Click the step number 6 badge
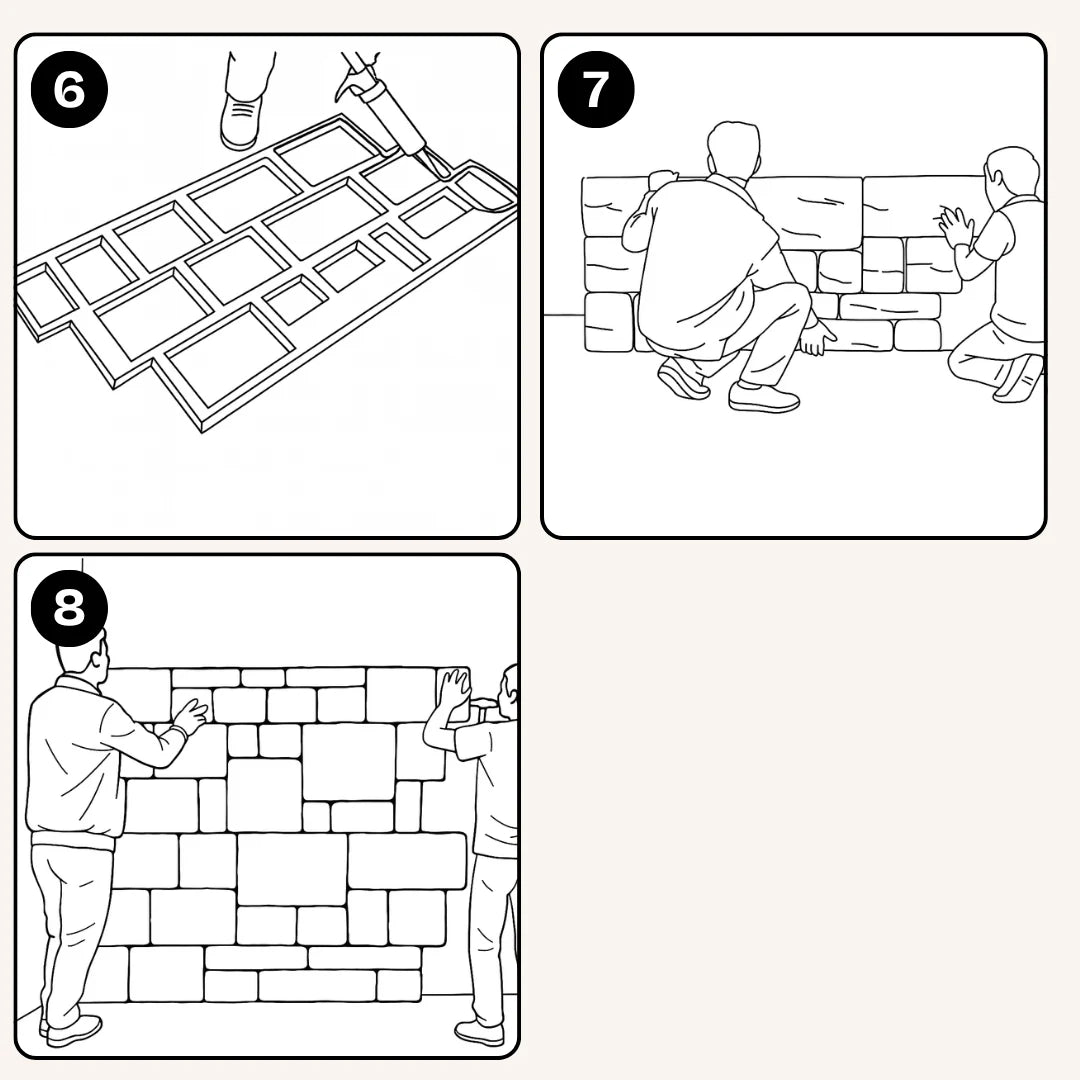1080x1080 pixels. click(x=69, y=89)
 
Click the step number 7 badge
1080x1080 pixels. click(x=596, y=89)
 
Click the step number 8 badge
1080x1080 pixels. click(x=69, y=607)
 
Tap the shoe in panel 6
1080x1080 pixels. click(x=241, y=122)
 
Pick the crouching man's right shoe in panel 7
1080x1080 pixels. click(x=764, y=397)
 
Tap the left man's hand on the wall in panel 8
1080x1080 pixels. click(x=189, y=715)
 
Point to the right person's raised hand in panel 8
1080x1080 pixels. click(x=455, y=690)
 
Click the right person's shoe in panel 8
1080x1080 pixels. click(x=479, y=1032)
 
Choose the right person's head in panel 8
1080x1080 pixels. click(x=511, y=685)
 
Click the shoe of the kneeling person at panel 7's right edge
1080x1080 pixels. click(x=1021, y=379)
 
